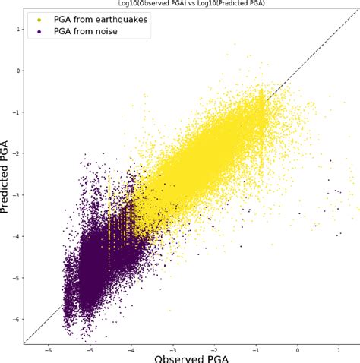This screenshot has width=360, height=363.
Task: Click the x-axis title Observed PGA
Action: click(x=191, y=355)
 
